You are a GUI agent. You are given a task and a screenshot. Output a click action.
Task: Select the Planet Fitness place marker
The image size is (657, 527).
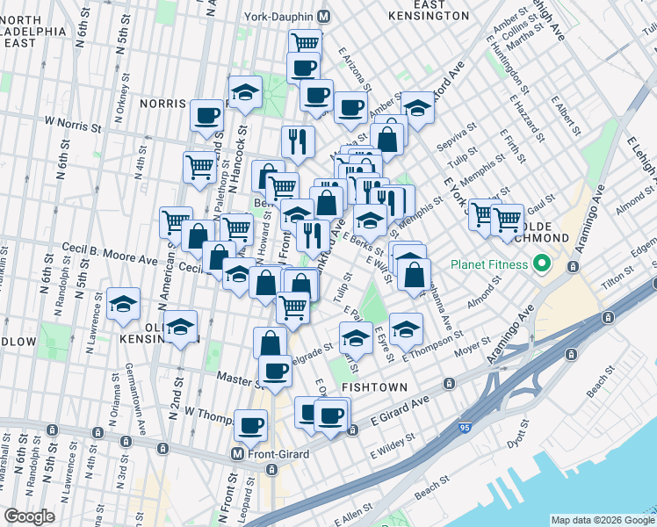click(541, 263)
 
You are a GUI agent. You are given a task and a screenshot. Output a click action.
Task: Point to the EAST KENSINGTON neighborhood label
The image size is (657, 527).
click(426, 11)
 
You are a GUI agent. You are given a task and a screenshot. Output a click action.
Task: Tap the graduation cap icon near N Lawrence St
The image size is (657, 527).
click(123, 304)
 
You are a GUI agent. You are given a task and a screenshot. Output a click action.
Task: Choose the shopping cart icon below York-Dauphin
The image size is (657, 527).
click(305, 42)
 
